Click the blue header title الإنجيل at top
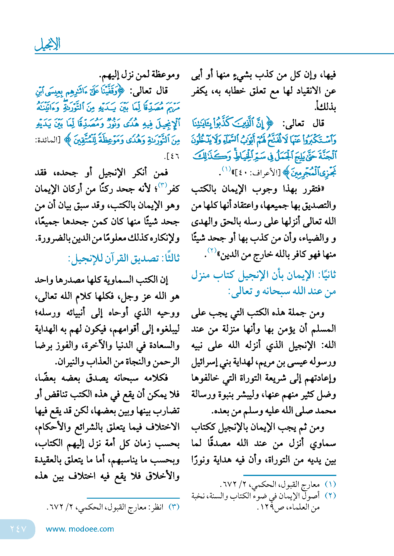[x=48, y=44]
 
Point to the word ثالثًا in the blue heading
[x=169, y=259]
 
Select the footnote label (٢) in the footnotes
[x=330, y=496]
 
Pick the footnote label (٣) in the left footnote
[x=174, y=507]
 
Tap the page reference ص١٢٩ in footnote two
[x=268, y=507]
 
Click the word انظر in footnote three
[x=157, y=507]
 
